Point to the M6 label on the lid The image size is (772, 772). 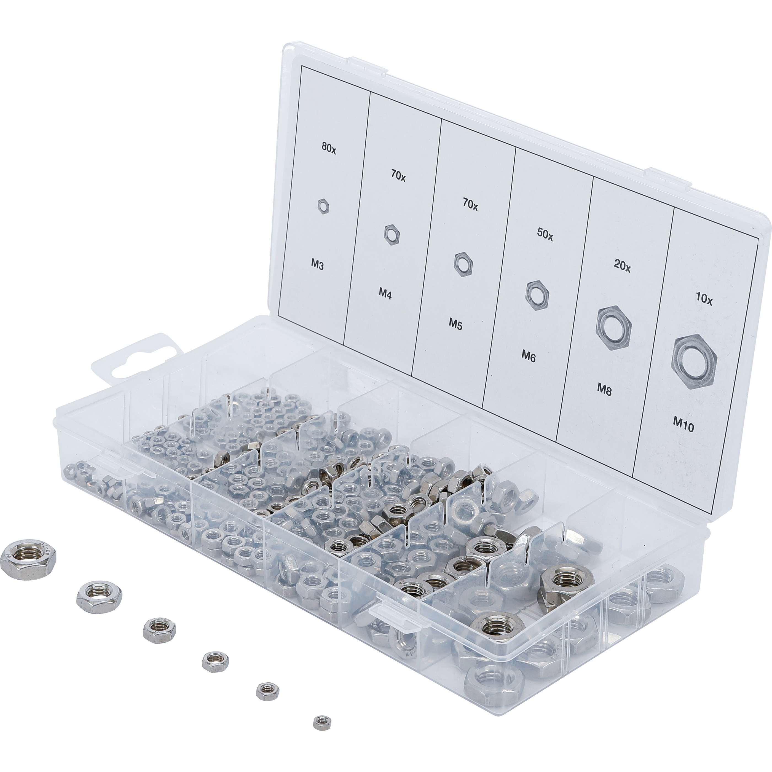529,355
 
